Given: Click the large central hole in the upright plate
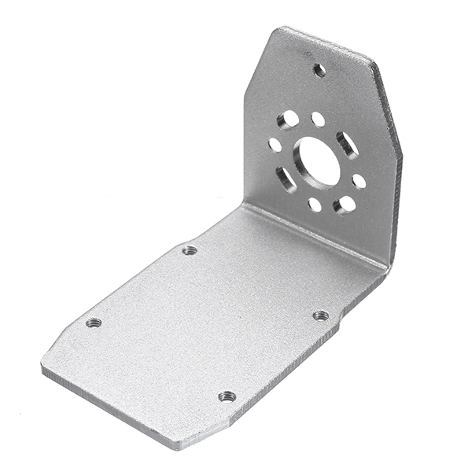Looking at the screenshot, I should [318, 163].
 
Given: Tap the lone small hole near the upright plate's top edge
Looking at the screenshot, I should [319, 70].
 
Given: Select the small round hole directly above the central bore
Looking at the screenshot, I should [318, 120].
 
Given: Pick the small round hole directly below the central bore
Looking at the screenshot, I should [315, 205].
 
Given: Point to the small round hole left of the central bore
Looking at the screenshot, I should [275, 145].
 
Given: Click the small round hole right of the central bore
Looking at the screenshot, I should [359, 181].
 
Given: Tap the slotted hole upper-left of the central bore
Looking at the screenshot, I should [289, 119].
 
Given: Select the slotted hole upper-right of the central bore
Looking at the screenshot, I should [347, 144].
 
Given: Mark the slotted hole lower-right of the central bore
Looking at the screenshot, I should [344, 205].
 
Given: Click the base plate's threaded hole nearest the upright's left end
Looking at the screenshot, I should [189, 250].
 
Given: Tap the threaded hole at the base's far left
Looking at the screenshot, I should [94, 323].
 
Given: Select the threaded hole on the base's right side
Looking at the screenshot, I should [321, 315].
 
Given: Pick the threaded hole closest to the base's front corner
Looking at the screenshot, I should [227, 396].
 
